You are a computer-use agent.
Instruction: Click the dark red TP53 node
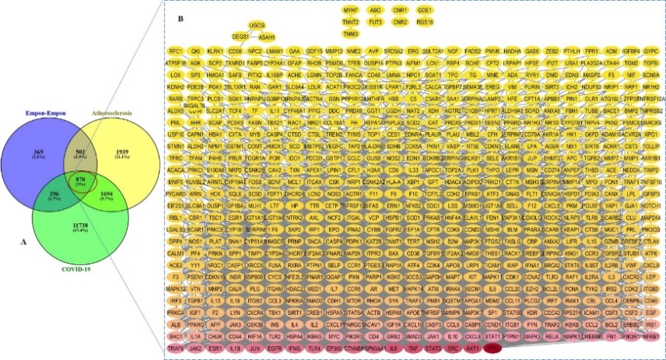(x=492, y=349)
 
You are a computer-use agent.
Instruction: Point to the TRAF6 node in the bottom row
(x=177, y=349)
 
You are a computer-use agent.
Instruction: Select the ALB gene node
(x=175, y=323)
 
